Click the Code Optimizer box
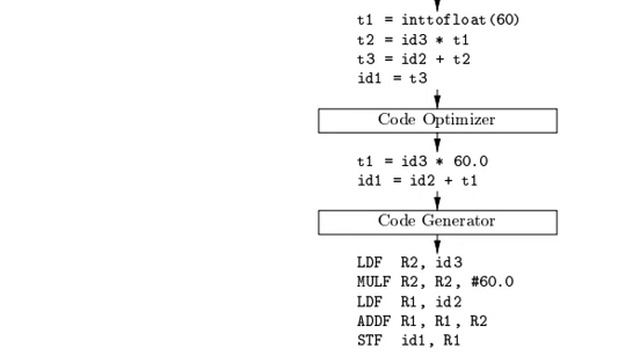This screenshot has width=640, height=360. tap(437, 120)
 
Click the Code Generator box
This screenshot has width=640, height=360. tap(437, 221)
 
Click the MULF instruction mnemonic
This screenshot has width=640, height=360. tap(373, 282)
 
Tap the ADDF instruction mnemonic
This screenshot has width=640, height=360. tap(373, 321)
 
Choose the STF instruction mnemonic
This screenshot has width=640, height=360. tap(369, 340)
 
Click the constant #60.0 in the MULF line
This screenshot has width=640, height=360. tap(490, 282)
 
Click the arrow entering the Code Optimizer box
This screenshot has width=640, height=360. tap(437, 99)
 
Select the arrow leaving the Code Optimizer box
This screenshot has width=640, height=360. tap(437, 142)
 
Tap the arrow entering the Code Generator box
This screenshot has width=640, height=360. tap(437, 200)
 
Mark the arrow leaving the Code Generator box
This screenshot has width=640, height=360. tap(437, 244)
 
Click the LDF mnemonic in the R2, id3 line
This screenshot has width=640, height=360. tap(369, 263)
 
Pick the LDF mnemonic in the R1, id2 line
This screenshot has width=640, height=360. tap(369, 302)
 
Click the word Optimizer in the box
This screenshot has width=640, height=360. tap(459, 120)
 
